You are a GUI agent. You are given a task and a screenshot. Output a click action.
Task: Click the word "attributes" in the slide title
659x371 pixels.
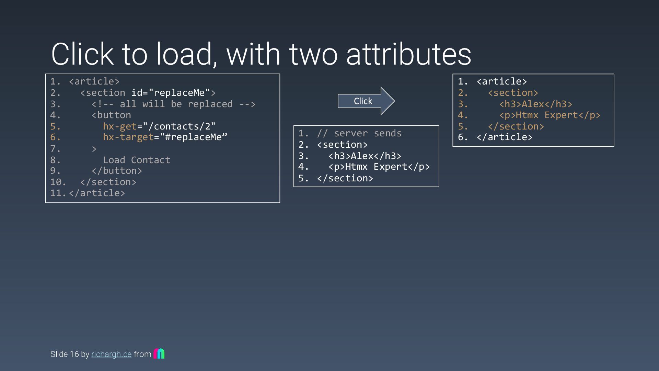(408, 54)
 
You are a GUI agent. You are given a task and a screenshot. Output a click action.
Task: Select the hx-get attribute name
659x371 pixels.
(120, 126)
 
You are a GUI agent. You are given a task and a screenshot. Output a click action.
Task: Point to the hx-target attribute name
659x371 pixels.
(128, 137)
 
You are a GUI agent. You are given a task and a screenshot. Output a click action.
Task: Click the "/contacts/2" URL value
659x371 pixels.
(179, 126)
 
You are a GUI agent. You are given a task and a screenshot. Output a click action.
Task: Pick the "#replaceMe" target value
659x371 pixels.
(194, 137)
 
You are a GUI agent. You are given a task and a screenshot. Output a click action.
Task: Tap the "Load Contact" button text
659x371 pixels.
(137, 160)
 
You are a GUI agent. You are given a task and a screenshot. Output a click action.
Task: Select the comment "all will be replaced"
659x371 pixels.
(173, 104)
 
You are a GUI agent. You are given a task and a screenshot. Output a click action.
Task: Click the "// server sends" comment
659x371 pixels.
(359, 133)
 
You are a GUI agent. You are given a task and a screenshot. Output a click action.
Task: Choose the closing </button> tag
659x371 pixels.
(117, 171)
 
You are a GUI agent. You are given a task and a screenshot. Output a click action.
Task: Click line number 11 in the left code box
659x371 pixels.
(57, 193)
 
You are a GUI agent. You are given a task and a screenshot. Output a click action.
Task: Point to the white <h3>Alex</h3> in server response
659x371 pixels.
(365, 156)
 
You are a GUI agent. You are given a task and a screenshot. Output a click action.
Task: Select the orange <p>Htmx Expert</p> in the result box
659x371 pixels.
(550, 115)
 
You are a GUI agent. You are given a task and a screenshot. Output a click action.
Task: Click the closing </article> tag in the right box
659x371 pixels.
(504, 137)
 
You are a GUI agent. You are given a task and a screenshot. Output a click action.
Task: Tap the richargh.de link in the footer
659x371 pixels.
(111, 354)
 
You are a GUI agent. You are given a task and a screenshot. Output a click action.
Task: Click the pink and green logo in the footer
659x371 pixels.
(159, 353)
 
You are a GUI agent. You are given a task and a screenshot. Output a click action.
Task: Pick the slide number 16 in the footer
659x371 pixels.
(74, 354)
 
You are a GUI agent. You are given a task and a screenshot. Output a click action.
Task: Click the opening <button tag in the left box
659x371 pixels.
(111, 115)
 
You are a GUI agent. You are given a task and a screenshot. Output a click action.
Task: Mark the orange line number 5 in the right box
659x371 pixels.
(462, 126)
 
